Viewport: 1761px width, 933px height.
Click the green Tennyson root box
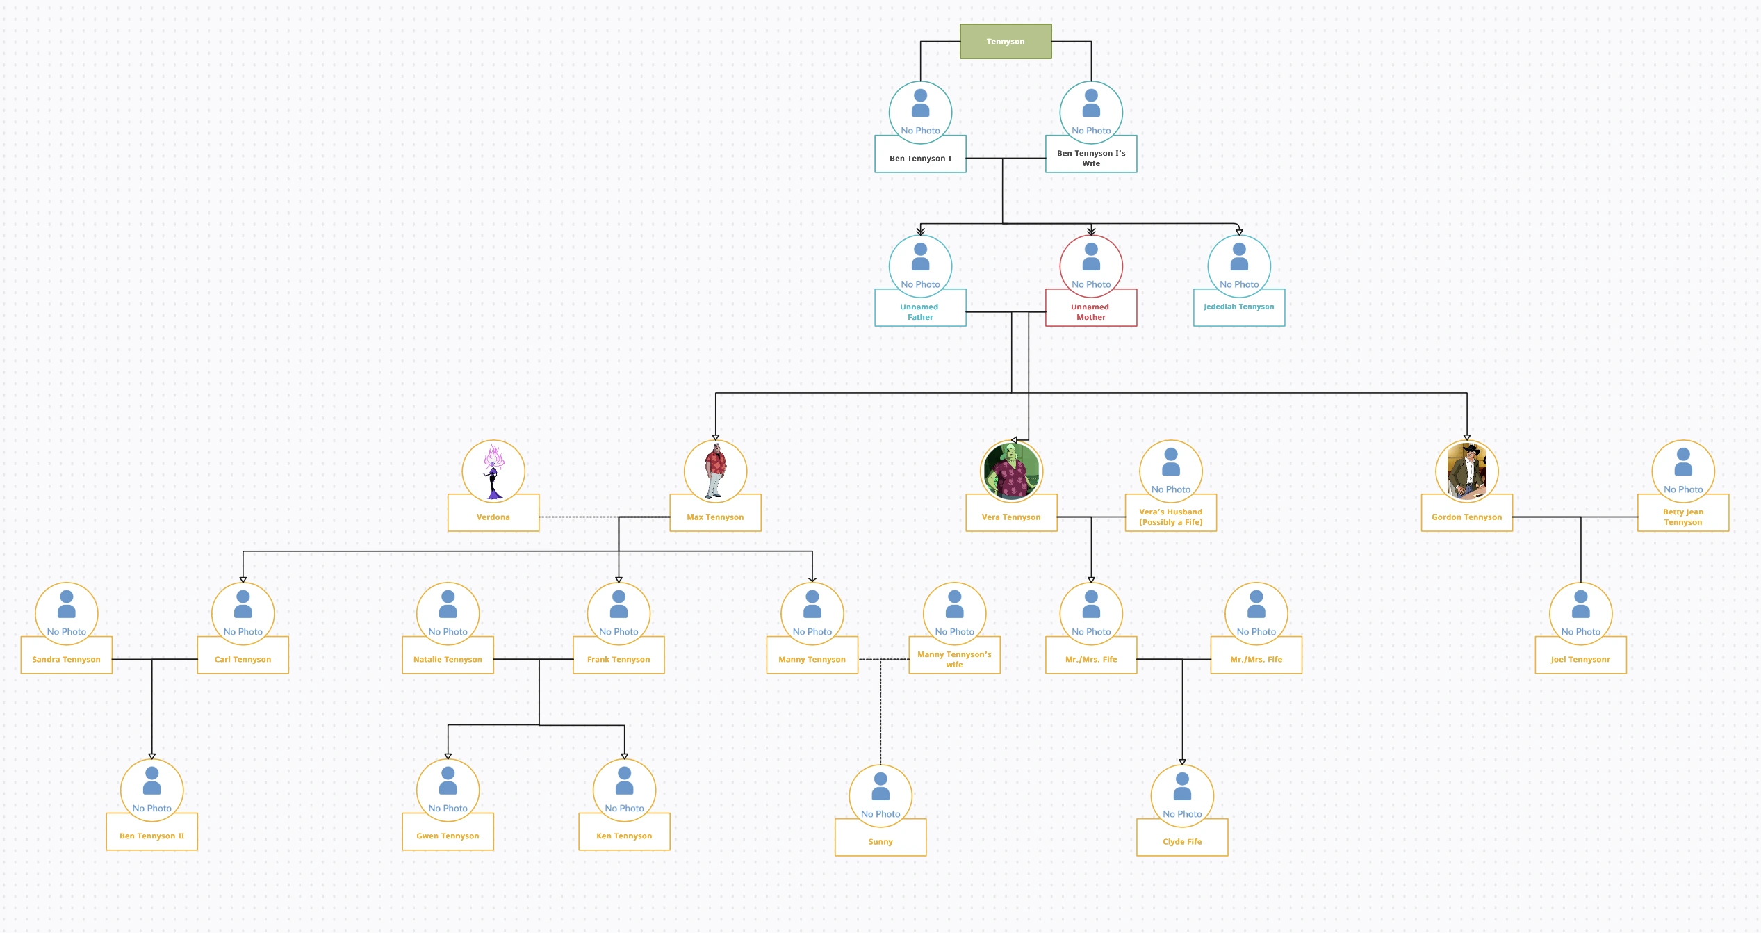[x=1005, y=42]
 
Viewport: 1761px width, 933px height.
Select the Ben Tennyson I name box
[x=920, y=158]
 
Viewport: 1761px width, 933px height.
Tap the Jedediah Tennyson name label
[x=1238, y=307]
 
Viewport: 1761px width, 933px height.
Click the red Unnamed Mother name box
[x=1090, y=311]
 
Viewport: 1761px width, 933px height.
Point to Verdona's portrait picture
[x=493, y=471]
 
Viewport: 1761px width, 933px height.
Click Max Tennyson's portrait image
[x=715, y=471]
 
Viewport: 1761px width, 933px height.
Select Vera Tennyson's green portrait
[x=1011, y=471]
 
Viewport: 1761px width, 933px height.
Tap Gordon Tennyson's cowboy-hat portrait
[x=1466, y=471]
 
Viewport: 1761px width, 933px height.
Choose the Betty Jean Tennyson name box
[x=1682, y=517]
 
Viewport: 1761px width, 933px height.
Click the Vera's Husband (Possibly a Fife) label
[x=1170, y=517]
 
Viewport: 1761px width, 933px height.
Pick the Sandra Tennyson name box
[x=66, y=659]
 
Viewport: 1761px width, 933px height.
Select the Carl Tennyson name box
[x=243, y=659]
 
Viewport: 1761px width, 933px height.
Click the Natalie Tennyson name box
[x=448, y=659]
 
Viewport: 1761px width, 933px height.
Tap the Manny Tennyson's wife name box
[x=954, y=659]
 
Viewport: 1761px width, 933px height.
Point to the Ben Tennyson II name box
[x=151, y=836]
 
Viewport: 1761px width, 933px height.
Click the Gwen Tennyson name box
[x=448, y=836]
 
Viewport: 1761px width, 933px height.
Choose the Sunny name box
[x=880, y=841]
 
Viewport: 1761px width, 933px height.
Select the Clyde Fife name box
[x=1181, y=841]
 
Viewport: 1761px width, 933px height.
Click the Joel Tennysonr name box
[x=1580, y=659]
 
